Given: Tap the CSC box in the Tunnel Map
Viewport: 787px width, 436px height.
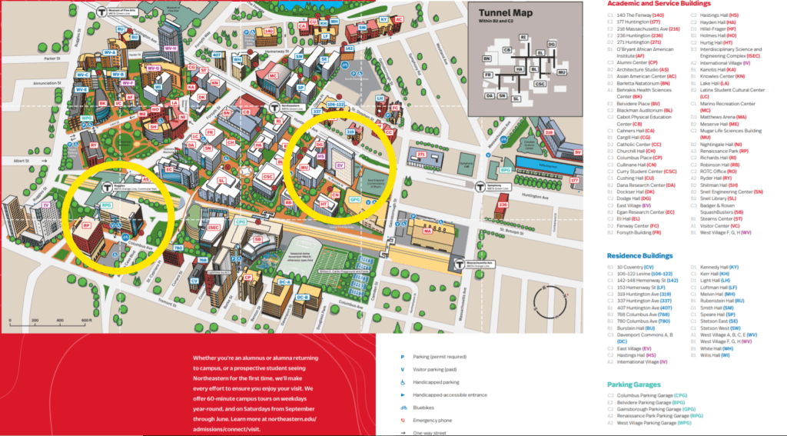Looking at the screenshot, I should tap(541, 83).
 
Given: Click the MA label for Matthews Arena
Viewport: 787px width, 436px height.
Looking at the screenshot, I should tap(428, 230).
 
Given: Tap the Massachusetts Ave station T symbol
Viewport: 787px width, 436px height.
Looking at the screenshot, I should tap(459, 263).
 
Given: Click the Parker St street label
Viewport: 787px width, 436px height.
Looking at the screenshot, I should tap(51, 58).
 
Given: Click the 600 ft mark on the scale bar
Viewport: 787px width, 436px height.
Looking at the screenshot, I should tap(85, 321).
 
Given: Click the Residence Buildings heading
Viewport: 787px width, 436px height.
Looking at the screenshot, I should tap(639, 255).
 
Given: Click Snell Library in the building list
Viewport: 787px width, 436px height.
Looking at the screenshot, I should tap(716, 198).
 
